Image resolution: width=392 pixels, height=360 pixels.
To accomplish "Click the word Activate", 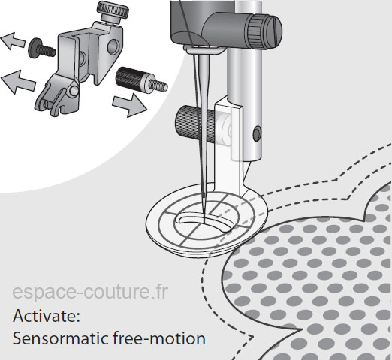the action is coord(47,316).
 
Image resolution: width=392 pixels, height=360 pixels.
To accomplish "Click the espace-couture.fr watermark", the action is coord(90,292).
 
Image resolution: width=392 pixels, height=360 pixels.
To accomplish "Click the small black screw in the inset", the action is coord(41,49).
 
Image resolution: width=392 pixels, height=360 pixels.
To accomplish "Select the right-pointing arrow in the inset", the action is coord(129,105).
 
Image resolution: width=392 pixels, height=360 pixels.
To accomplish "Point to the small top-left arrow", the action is coord(13,41).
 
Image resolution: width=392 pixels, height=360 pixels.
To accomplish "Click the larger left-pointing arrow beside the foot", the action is coord(18,82).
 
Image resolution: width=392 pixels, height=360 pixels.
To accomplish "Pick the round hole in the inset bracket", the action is coord(113,46).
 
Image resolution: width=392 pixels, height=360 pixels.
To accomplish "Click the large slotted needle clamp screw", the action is coord(265,31).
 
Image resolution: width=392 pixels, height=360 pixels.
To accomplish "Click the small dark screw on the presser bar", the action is coord(257,133).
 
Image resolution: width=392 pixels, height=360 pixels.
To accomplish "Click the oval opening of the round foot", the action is coord(205,222).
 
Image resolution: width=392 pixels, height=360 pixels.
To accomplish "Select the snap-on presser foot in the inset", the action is coord(57,95).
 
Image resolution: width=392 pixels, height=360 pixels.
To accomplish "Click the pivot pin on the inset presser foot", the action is coord(74,90).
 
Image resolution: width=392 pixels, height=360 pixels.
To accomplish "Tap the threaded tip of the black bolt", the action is coord(158,85).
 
